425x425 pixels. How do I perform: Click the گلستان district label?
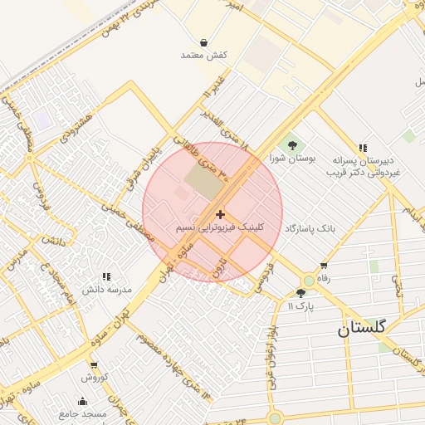pyautogui.click(x=362, y=328)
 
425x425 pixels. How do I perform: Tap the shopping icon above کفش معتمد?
pyautogui.click(x=204, y=42)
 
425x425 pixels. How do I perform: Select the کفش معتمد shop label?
pyautogui.click(x=204, y=55)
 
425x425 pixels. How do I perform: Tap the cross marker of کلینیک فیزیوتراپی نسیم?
pyautogui.click(x=220, y=215)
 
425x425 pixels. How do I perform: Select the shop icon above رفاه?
pyautogui.click(x=324, y=266)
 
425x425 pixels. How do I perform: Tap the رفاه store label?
pyautogui.click(x=324, y=279)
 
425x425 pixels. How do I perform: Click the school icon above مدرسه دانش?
pyautogui.click(x=106, y=276)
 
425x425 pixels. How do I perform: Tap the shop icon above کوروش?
pyautogui.click(x=94, y=365)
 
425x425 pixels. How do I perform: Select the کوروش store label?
pyautogui.click(x=94, y=378)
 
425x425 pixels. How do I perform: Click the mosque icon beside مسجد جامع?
pyautogui.click(x=83, y=402)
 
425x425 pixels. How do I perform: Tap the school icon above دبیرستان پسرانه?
pyautogui.click(x=363, y=147)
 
